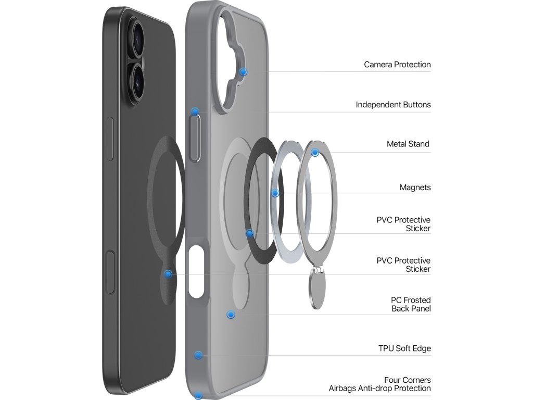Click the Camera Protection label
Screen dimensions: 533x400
click(x=397, y=65)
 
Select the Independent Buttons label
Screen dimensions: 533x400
click(x=393, y=105)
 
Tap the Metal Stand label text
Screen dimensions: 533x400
click(x=408, y=144)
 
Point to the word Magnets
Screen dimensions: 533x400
click(x=415, y=187)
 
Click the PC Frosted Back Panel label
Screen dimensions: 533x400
click(x=411, y=304)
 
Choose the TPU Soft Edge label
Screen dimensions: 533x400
click(x=404, y=348)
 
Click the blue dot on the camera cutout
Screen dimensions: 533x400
click(x=243, y=72)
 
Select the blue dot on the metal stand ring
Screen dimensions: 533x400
click(x=315, y=153)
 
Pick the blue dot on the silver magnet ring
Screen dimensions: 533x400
click(x=275, y=194)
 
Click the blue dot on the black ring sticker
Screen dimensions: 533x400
click(x=250, y=233)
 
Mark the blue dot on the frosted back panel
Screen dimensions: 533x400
click(x=231, y=315)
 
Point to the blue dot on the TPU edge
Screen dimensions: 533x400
click(x=198, y=355)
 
